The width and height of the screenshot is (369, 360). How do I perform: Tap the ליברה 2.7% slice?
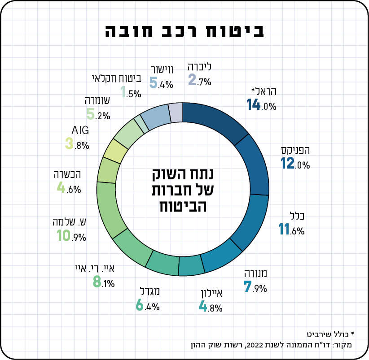point(176,112)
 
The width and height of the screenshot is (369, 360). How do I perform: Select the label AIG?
point(80,130)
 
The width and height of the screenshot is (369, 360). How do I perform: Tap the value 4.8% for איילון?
point(210,308)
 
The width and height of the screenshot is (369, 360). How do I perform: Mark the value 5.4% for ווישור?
point(161,83)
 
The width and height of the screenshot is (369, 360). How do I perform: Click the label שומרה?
point(97,101)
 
